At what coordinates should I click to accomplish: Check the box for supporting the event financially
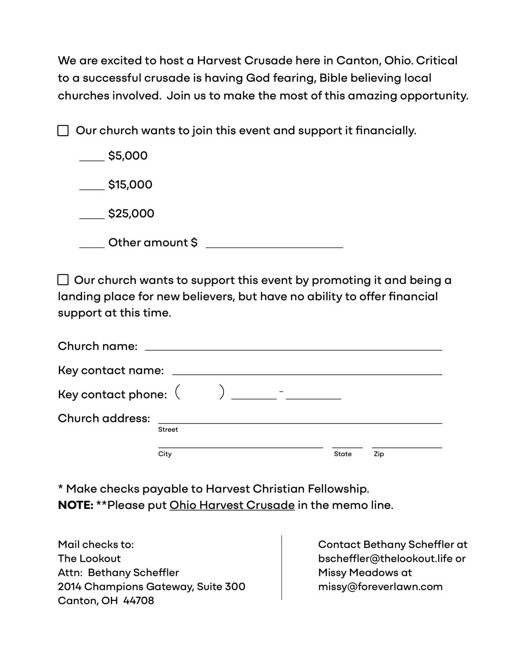[x=63, y=131]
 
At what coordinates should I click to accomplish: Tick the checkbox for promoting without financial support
[x=63, y=280]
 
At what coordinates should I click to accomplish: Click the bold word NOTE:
[x=75, y=505]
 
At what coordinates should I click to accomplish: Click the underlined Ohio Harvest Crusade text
[x=232, y=505]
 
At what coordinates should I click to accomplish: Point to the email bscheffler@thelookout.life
[x=386, y=559]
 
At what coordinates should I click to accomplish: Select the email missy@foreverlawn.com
[x=380, y=587]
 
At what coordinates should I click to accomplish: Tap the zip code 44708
[x=139, y=601]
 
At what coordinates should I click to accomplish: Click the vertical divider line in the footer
[x=281, y=567]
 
